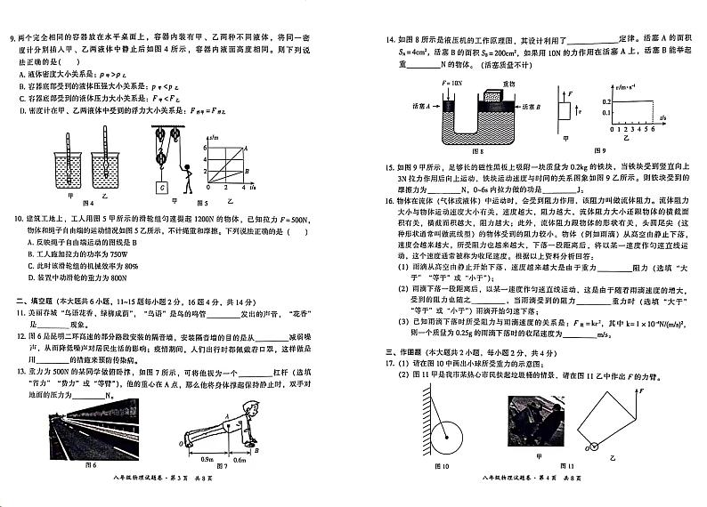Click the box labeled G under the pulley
(162, 188)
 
